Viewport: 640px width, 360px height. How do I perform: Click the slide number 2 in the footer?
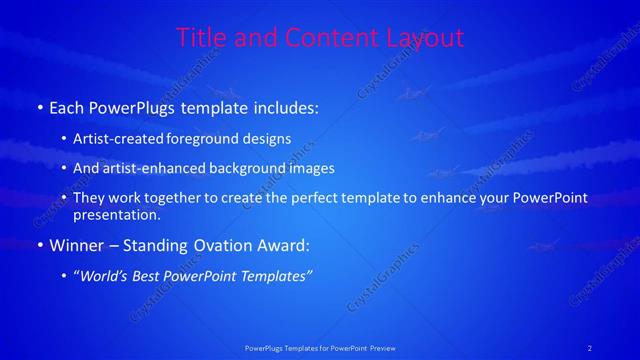point(590,347)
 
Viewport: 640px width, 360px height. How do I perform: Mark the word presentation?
point(116,214)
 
